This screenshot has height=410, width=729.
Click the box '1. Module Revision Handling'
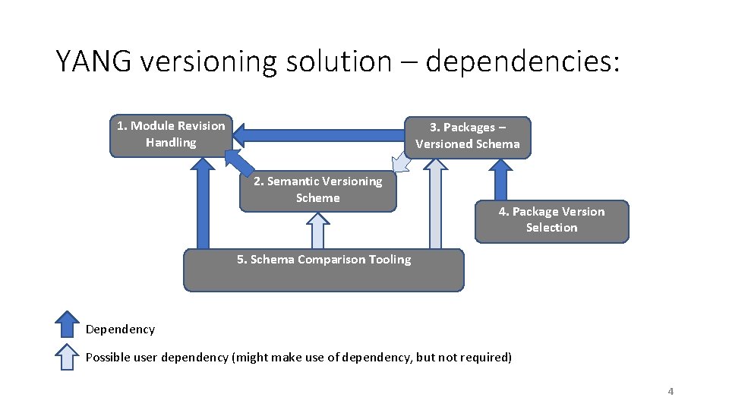pos(170,135)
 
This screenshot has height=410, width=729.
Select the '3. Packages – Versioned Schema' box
pos(467,137)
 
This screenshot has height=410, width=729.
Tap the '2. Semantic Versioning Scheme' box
pos(317,191)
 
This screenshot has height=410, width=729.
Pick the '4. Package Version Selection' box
pos(551,220)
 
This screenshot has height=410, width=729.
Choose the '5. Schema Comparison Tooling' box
pos(323,270)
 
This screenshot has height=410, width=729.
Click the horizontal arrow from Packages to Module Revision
pos(319,136)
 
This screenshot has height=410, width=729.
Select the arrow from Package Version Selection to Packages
pos(500,179)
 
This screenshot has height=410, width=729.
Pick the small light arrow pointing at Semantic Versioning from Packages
pos(399,162)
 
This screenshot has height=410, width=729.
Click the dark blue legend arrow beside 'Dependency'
pos(68,323)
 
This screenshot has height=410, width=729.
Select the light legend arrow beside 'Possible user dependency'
pos(68,356)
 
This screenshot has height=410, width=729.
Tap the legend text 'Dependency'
pos(120,330)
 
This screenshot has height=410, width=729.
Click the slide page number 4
pos(670,392)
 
